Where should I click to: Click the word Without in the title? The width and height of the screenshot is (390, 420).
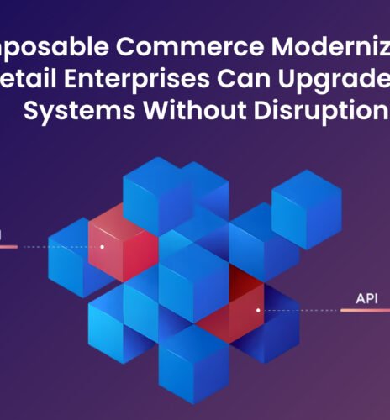(187, 112)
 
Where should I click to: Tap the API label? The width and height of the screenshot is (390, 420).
(366, 297)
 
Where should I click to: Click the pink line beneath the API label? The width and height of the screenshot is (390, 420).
(366, 311)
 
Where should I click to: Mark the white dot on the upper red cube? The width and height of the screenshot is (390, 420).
(102, 247)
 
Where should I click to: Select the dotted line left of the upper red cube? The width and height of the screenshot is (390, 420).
(55, 247)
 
